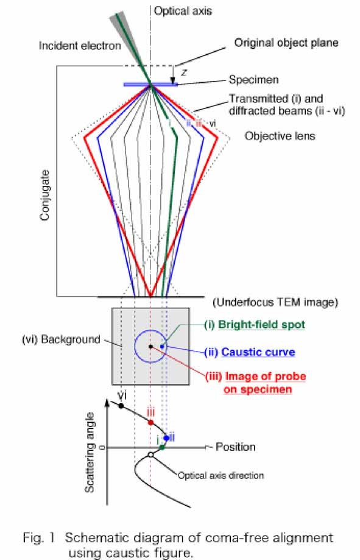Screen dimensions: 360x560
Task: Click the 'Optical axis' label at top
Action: [x=183, y=11]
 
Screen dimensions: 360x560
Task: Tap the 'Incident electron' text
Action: [x=80, y=46]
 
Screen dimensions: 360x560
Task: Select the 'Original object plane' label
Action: [x=286, y=43]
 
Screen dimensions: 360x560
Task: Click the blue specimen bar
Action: [x=150, y=85]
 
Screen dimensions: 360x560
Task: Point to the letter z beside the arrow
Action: [x=184, y=73]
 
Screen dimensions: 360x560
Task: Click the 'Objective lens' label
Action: [x=280, y=136]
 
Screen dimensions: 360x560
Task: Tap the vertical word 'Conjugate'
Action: [x=44, y=196]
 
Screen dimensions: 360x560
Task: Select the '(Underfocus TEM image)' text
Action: [x=275, y=302]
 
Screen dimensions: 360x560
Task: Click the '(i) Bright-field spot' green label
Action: [x=255, y=325]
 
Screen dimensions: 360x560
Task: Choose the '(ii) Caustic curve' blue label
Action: [x=250, y=352]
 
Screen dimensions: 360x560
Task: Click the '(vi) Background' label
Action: [x=61, y=339]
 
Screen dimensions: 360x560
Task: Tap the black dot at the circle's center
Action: [x=150, y=347]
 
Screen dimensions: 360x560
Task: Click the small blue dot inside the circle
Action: [x=162, y=346]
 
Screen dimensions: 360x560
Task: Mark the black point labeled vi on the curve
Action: [x=121, y=406]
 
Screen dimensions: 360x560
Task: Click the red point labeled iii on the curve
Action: [x=150, y=422]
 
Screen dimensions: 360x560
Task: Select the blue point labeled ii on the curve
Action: [x=166, y=438]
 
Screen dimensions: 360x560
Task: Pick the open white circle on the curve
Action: [x=150, y=455]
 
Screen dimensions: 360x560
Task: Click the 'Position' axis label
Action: [x=236, y=447]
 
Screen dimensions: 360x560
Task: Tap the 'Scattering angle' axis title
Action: [x=90, y=453]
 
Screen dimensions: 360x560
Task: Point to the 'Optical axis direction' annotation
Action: [x=221, y=475]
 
